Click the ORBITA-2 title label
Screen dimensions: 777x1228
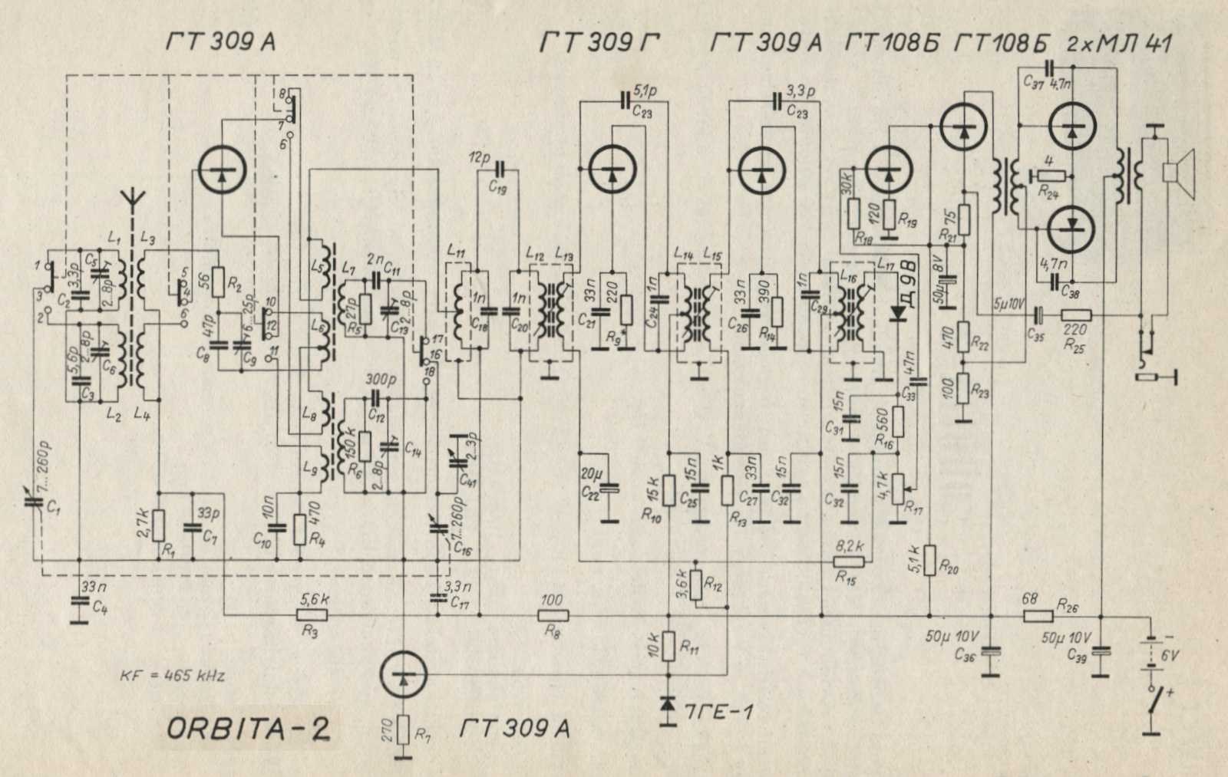tap(249, 729)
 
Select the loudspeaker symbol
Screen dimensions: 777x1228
tap(1178, 173)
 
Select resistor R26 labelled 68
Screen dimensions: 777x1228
tap(1038, 614)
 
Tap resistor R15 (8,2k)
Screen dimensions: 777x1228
tap(849, 561)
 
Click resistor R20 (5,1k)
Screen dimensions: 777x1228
tap(929, 560)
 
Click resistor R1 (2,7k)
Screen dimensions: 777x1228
tap(158, 525)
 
